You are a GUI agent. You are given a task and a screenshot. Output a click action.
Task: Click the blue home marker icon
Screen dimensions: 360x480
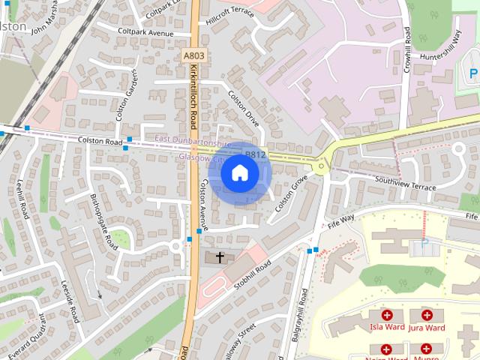239,173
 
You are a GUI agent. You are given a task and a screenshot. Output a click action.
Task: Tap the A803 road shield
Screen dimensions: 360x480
193,55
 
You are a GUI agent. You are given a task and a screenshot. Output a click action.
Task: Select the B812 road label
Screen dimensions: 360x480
256,155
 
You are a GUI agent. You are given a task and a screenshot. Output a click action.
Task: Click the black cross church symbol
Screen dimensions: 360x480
220,258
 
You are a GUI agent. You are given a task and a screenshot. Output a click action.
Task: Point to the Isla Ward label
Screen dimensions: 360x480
387,328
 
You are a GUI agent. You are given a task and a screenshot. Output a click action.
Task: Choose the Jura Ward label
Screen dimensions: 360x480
427,328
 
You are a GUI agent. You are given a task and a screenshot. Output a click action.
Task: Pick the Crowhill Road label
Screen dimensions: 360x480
407,48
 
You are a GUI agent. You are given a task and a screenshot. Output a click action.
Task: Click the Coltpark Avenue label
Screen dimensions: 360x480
145,32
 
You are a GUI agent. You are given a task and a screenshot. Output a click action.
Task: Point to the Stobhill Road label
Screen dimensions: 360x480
252,279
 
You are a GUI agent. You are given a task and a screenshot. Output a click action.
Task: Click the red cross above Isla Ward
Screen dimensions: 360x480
387,316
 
